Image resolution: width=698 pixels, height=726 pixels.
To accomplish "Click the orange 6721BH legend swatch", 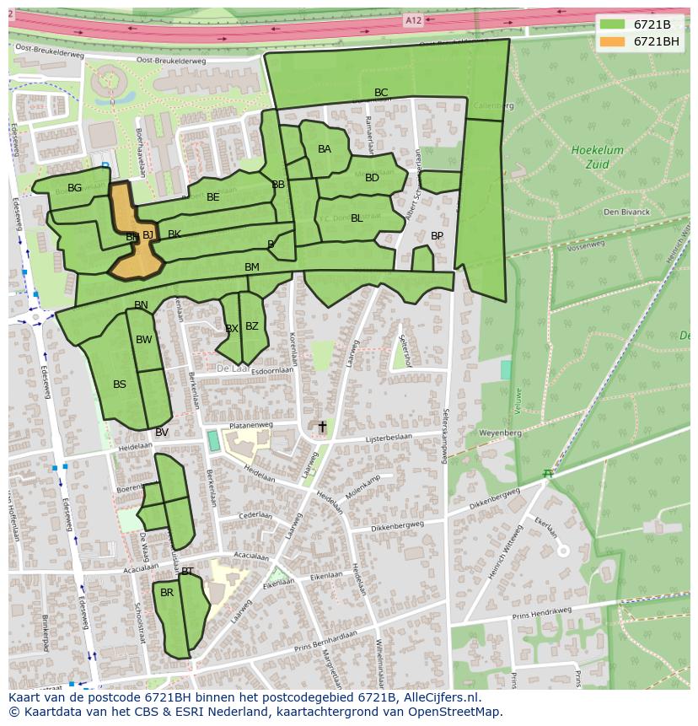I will pyautogui.click(x=612, y=41).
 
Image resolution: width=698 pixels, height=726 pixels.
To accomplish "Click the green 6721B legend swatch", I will pyautogui.click(x=612, y=24).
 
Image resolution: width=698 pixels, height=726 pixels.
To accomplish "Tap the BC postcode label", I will pyautogui.click(x=381, y=93).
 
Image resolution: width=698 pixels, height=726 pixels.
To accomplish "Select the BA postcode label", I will pyautogui.click(x=325, y=149).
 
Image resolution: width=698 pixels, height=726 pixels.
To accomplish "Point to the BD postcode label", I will pyautogui.click(x=372, y=178).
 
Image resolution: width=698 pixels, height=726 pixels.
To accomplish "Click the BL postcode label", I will pyautogui.click(x=357, y=218).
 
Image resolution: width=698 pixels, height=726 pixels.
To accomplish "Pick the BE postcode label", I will pyautogui.click(x=213, y=197).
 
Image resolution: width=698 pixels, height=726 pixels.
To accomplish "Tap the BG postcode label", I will pyautogui.click(x=75, y=188).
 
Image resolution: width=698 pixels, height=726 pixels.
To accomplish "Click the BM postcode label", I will pyautogui.click(x=252, y=267).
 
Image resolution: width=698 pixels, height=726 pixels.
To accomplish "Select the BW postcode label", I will pyautogui.click(x=144, y=340).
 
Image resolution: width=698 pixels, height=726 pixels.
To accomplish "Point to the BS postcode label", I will pyautogui.click(x=120, y=385).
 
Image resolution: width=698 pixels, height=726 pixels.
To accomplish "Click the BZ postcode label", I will pyautogui.click(x=252, y=326).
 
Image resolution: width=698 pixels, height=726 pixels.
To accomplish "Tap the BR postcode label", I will pyautogui.click(x=167, y=593).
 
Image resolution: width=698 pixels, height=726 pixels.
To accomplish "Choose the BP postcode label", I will pyautogui.click(x=437, y=236).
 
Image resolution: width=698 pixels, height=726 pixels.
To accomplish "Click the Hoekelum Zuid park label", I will pyautogui.click(x=597, y=158).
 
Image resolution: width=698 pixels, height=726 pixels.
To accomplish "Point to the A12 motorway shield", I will pyautogui.click(x=412, y=20).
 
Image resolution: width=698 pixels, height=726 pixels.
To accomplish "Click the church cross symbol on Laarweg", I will pyautogui.click(x=321, y=428).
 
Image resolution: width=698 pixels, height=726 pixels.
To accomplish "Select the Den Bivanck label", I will pyautogui.click(x=627, y=212).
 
